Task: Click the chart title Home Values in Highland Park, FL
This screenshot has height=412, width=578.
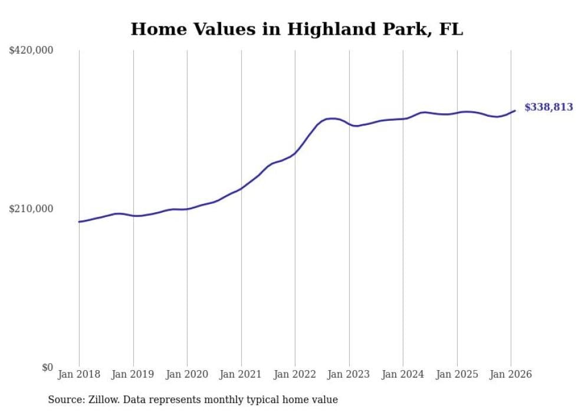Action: click(x=297, y=29)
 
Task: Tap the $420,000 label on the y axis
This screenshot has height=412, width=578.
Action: click(x=31, y=51)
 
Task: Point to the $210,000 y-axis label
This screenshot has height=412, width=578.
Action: click(x=31, y=209)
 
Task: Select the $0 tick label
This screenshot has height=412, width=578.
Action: click(x=47, y=367)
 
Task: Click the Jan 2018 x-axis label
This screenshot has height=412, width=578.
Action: click(x=79, y=374)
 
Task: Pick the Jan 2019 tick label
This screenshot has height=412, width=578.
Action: click(x=133, y=374)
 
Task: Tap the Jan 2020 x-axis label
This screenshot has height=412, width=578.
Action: click(x=187, y=374)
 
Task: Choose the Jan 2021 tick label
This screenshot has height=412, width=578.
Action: click(x=241, y=374)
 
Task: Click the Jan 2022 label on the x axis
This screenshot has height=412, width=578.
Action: click(x=295, y=374)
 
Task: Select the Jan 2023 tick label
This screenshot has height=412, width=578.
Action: click(x=349, y=374)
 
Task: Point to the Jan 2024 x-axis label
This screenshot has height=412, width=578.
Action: click(x=403, y=374)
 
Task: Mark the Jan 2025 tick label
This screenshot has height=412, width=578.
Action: click(x=457, y=374)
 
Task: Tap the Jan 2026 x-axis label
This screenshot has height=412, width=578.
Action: click(x=511, y=374)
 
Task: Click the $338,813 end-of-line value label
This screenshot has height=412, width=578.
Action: click(x=549, y=107)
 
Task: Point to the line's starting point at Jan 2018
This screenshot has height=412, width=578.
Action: click(x=79, y=222)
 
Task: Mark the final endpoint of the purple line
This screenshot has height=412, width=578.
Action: click(x=515, y=110)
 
